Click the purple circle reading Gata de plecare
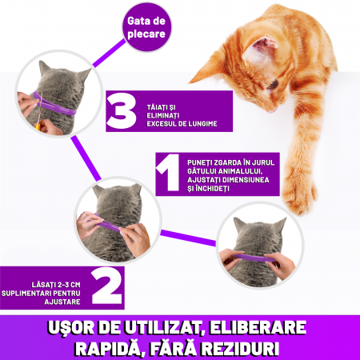(146, 27)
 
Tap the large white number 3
(122, 111)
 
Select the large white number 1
(169, 173)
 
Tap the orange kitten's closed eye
(274, 85)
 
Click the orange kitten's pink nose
(271, 110)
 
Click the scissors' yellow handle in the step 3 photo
(38, 126)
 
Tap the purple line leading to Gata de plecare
(109, 53)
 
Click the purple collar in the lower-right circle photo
(254, 258)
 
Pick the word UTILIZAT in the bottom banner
(163, 328)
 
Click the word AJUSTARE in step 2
(62, 302)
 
